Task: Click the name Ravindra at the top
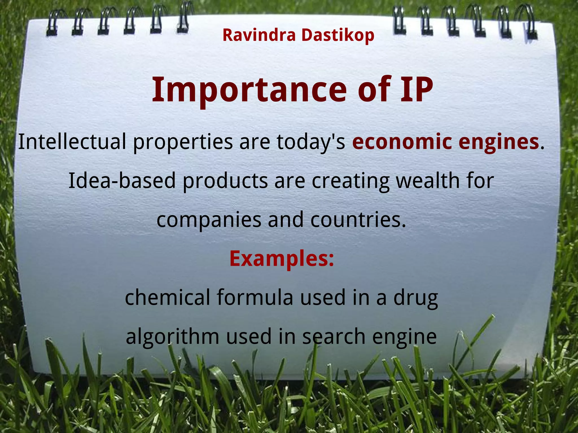coord(259,35)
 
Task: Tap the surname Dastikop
coord(338,36)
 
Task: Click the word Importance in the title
coord(249,90)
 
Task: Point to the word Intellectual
coord(72,142)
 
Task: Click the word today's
coord(311,142)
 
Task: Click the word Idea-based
coord(122,180)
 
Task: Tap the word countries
coord(358,220)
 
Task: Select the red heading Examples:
coord(282,259)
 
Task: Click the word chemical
coord(167,298)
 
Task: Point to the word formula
coord(255,298)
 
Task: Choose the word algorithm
coord(172,337)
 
